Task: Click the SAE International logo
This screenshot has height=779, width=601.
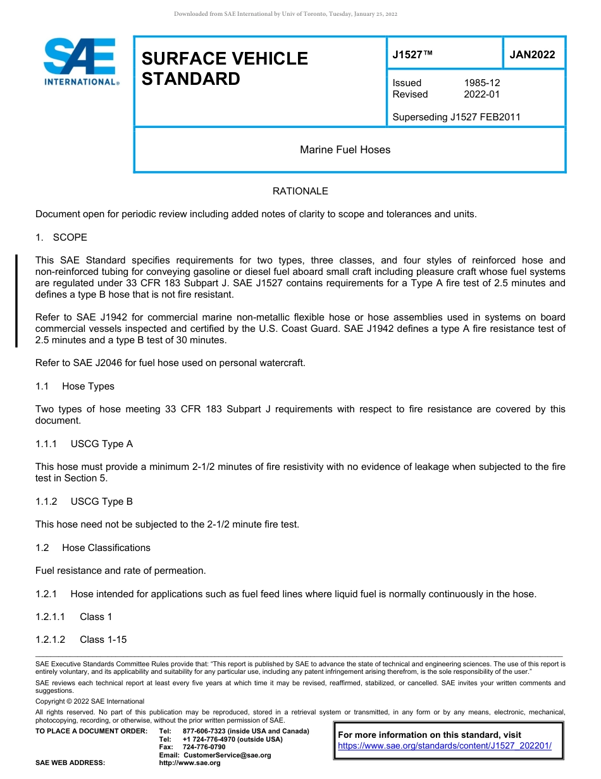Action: (x=81, y=61)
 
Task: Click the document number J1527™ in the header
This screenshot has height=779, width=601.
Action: (x=412, y=54)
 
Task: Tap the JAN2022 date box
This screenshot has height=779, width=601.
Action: (x=532, y=54)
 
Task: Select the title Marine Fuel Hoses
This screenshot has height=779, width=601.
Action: (x=345, y=150)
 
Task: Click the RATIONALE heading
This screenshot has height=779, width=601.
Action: (x=300, y=191)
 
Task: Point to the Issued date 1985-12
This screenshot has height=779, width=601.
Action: (x=482, y=83)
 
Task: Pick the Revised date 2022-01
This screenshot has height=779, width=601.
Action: (x=482, y=94)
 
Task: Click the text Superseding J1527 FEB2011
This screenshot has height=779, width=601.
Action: (x=456, y=117)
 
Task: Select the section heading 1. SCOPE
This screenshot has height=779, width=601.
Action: (x=61, y=237)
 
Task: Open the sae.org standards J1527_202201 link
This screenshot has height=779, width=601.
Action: (x=445, y=746)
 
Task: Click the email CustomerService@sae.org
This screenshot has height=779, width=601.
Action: (x=226, y=755)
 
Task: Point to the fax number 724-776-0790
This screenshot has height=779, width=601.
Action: (x=204, y=747)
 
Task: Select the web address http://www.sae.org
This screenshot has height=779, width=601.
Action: (x=190, y=763)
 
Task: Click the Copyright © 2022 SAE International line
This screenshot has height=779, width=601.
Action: (x=90, y=701)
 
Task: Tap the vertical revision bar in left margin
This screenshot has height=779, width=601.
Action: (x=16, y=300)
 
